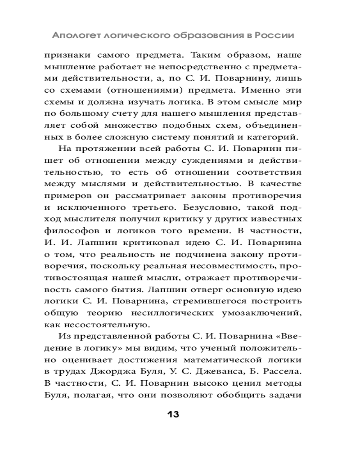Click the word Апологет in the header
coord(75,35)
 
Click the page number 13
coord(173,414)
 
